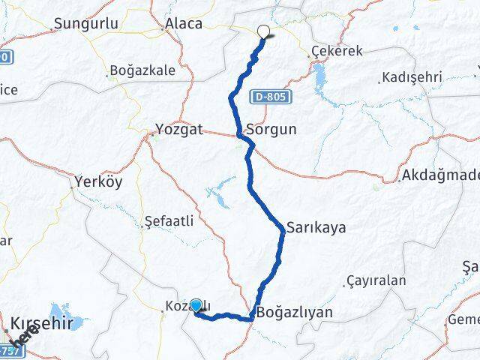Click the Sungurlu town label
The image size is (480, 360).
coord(86,23)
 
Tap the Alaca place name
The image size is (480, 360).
coord(184,23)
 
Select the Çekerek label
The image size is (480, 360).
coord(336,52)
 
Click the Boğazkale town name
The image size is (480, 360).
coord(142,70)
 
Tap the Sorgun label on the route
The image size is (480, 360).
coord(271,129)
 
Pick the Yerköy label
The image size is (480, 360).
coord(99,181)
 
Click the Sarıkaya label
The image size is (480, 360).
coord(316,227)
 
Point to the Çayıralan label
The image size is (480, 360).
coord(376,281)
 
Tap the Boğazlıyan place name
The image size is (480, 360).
coord(295,312)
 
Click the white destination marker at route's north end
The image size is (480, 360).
coord(263,31)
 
